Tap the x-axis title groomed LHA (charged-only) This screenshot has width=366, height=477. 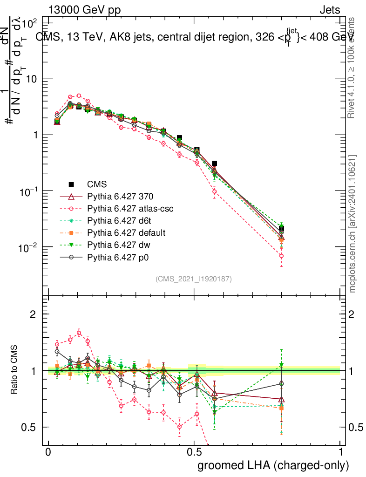click(x=274, y=465)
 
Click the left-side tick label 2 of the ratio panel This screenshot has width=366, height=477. click(x=33, y=314)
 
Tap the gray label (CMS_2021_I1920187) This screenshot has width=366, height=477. click(x=194, y=279)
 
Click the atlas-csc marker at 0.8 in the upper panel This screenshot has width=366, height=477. click(x=281, y=256)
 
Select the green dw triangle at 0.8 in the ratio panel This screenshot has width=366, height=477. click(x=281, y=365)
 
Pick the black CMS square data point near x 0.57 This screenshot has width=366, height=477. click(x=214, y=164)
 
